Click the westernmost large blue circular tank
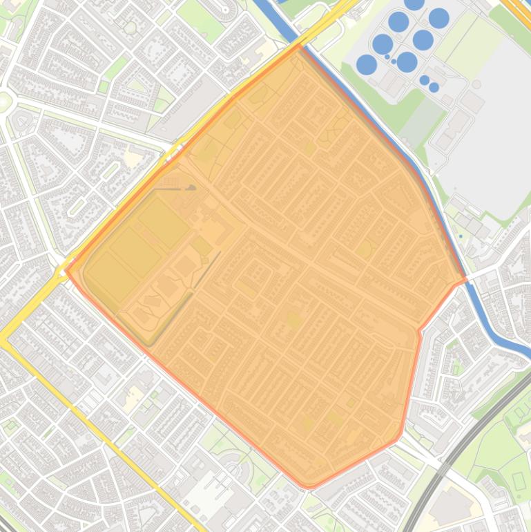click(x=366, y=65)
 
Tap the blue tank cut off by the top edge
click(x=414, y=3)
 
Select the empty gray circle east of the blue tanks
click(x=476, y=84)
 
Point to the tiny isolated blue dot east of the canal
click(x=461, y=236)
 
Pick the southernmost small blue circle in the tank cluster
click(x=434, y=88)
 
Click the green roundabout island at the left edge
click(x=3, y=102)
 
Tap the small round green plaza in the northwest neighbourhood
click(x=130, y=28)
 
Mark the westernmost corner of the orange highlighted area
click(x=66, y=270)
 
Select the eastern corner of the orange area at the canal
click(x=466, y=279)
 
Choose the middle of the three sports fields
click(x=136, y=252)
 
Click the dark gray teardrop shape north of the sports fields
click(x=191, y=187)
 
